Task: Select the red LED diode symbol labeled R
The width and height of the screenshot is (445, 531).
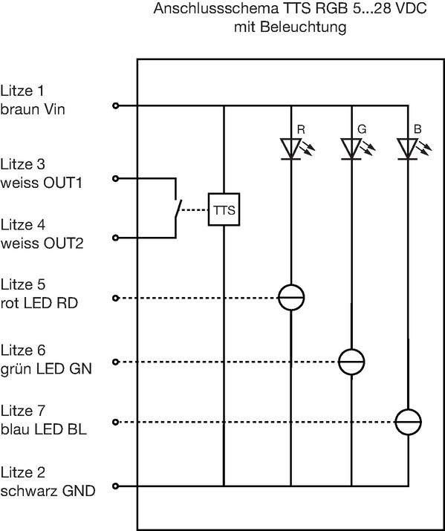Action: (x=291, y=149)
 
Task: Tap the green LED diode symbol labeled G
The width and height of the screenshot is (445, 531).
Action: (x=351, y=149)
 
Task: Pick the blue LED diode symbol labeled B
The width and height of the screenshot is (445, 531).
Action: (x=407, y=149)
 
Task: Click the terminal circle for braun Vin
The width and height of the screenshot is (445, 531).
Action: (x=115, y=105)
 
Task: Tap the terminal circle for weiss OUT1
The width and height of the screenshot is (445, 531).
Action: (x=115, y=178)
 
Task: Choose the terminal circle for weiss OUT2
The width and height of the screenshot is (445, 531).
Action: (x=115, y=238)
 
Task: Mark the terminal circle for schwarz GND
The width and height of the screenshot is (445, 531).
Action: (x=115, y=486)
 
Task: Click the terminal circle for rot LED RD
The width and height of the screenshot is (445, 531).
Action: (x=115, y=298)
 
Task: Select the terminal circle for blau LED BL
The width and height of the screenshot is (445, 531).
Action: (x=115, y=423)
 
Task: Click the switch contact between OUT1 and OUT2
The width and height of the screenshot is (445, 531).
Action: (x=178, y=210)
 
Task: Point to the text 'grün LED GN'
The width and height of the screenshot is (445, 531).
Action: (x=46, y=368)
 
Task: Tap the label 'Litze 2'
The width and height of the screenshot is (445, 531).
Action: (x=23, y=472)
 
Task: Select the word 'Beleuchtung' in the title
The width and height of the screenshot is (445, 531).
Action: (x=303, y=27)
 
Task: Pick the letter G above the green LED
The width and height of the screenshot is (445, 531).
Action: (x=362, y=129)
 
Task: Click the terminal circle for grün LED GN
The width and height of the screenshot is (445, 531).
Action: (x=115, y=362)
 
